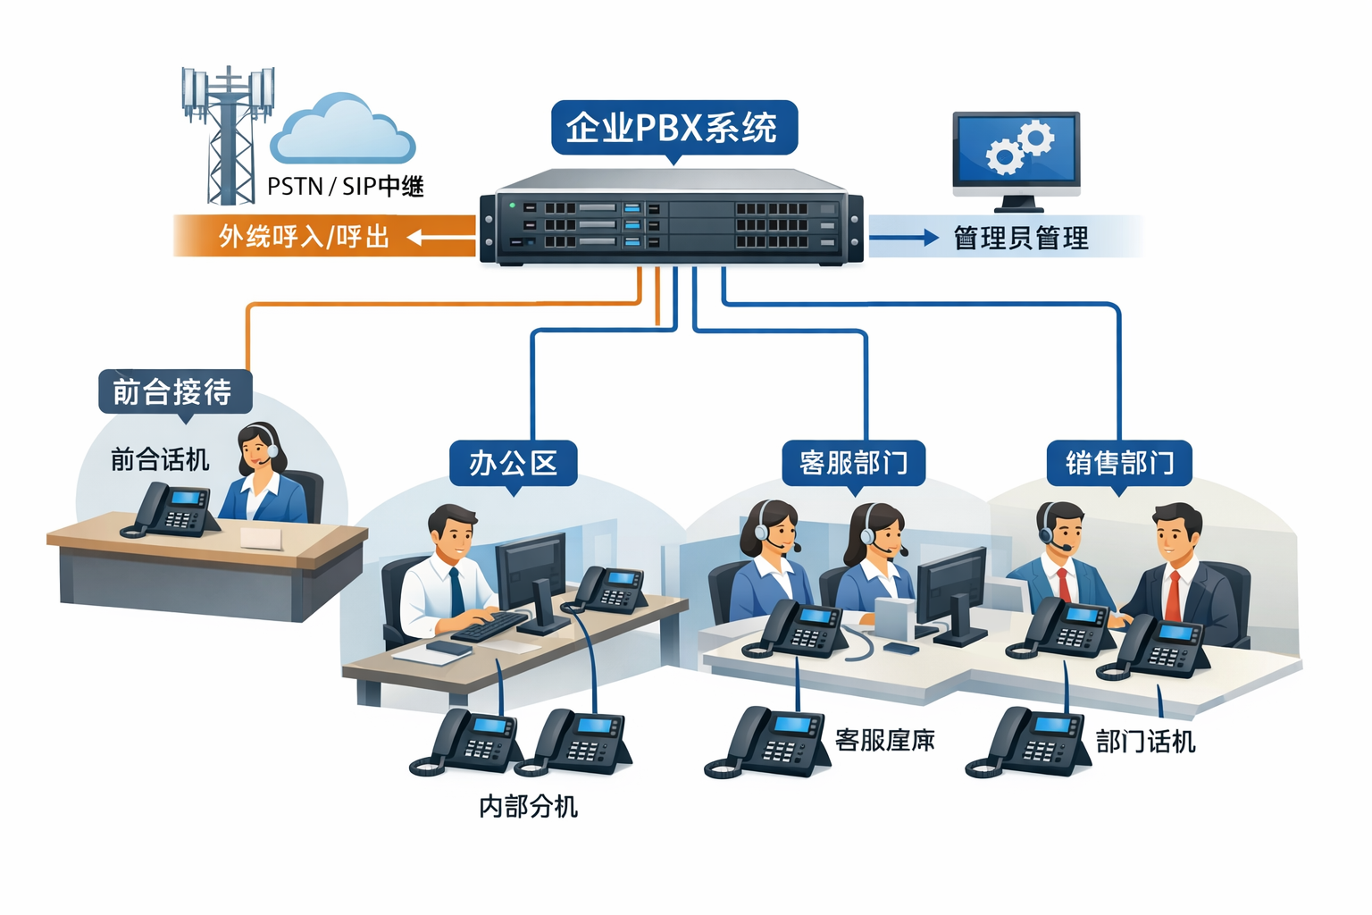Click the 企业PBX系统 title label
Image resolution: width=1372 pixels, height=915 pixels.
click(x=673, y=128)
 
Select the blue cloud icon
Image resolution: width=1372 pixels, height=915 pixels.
click(x=343, y=130)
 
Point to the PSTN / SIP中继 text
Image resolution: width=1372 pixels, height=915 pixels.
click(x=345, y=187)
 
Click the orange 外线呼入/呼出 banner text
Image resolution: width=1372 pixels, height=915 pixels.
click(x=304, y=237)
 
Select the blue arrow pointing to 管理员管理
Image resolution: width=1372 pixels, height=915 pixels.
click(x=903, y=238)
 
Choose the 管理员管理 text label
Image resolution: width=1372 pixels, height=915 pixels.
click(x=1021, y=239)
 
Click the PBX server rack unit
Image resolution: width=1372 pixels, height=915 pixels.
click(x=672, y=218)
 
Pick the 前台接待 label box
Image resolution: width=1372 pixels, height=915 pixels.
click(x=173, y=391)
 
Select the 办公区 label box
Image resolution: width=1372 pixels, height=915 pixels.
click(x=513, y=463)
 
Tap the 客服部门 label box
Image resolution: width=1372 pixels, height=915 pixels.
click(x=853, y=463)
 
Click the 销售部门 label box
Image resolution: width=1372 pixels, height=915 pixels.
click(x=1119, y=463)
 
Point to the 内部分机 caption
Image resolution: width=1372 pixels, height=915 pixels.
click(x=528, y=806)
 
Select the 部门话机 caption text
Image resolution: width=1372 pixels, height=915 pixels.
click(x=1145, y=742)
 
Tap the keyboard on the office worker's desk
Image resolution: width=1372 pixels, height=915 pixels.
click(x=489, y=625)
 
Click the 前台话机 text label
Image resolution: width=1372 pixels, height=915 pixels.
click(x=160, y=459)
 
